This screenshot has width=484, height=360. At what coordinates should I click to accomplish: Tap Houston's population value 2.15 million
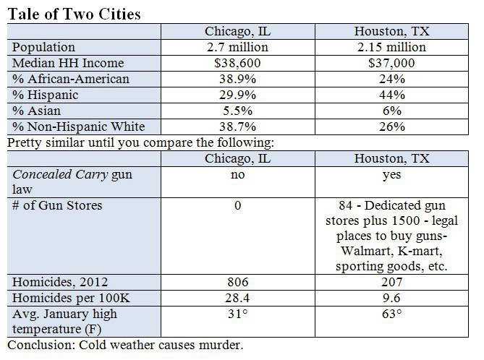[390, 47]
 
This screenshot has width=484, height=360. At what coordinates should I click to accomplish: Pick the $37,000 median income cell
[390, 63]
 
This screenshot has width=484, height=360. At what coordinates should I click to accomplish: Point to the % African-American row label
[70, 79]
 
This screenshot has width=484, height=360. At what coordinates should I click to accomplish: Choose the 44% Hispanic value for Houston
[390, 95]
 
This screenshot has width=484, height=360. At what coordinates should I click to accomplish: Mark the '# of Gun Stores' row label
[57, 206]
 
